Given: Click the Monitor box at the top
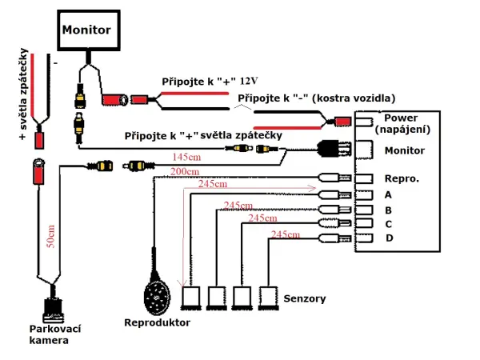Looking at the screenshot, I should pos(86,30).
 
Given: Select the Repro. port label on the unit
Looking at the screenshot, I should pos(401,179).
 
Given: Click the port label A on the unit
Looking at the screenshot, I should pos(389,194).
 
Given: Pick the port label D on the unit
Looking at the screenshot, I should pos(389,238).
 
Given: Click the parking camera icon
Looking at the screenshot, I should pos(54,308).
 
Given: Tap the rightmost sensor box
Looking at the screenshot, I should pos(266,298).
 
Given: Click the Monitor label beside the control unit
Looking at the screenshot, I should pos(405,150).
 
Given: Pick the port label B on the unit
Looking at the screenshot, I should pos(389,210).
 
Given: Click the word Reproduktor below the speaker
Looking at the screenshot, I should pos(157,322).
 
